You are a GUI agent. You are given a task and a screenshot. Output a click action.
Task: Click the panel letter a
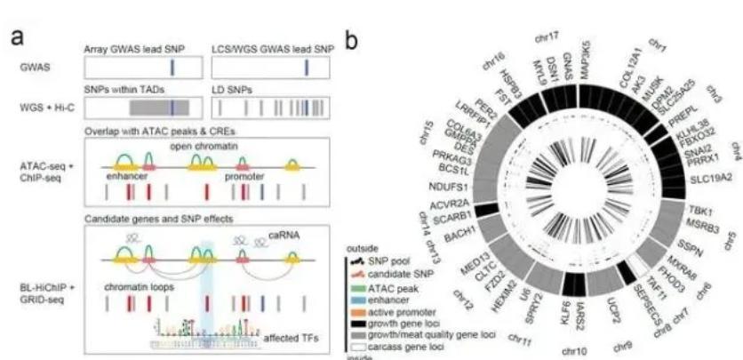17,40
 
